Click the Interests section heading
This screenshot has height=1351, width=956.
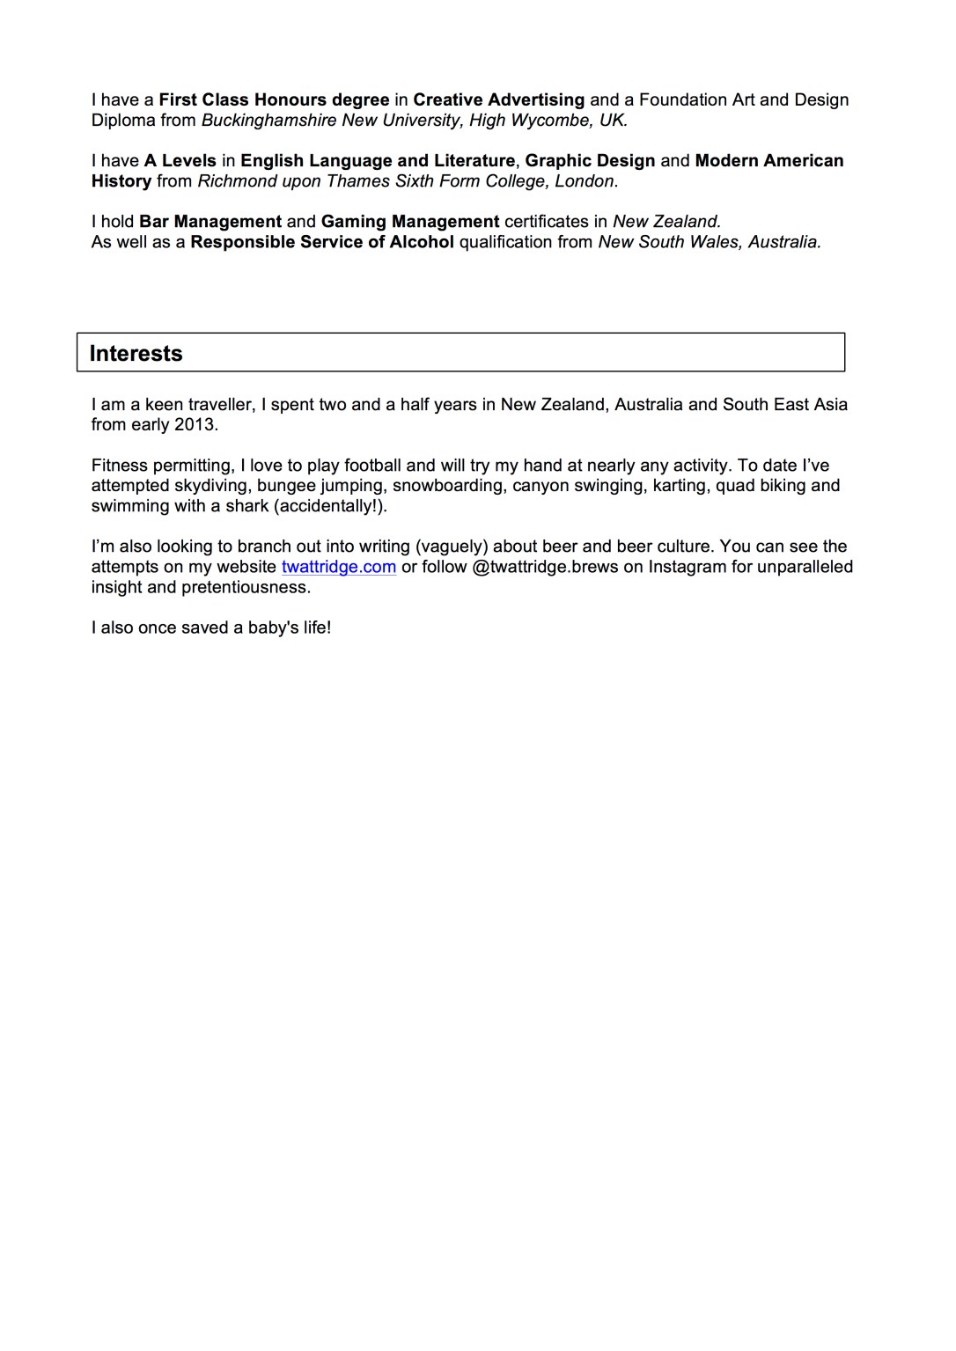point(136,354)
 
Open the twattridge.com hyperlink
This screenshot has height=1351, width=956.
point(339,567)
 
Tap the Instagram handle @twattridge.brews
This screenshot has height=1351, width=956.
point(545,567)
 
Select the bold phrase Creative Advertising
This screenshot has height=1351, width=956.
point(498,100)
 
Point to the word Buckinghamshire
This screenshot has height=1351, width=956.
point(268,121)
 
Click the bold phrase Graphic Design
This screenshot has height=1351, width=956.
point(590,161)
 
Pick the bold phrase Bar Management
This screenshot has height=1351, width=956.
point(210,222)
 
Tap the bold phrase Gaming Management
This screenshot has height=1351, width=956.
point(410,222)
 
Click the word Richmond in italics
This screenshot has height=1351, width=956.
point(237,181)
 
